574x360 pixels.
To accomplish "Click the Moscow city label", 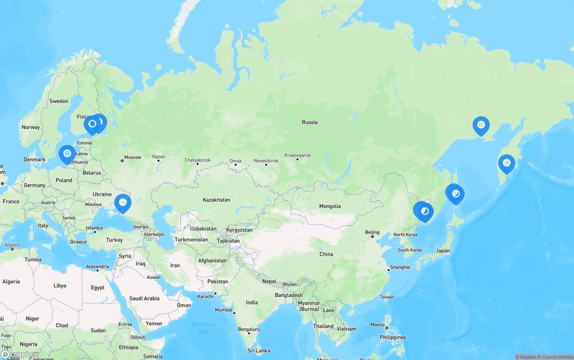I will pos(132,157).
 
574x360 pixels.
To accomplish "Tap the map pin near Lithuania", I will pos(67,154).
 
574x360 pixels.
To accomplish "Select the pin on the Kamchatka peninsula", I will pos(506,163).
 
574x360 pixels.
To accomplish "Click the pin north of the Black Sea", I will pos(122,203).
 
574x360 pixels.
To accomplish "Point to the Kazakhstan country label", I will pos(216,200).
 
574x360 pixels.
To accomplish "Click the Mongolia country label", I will pos(330,206).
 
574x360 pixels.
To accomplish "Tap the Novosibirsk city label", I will pos(266,160).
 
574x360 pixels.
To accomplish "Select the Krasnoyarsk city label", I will pos(297,155).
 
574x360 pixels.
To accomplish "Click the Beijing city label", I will pos(372,232).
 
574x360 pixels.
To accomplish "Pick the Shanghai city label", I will pos(400,267).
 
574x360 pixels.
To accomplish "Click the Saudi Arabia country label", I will pos(144,299).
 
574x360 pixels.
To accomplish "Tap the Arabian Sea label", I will pos(203,328).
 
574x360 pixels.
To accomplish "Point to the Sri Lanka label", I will pos(259,351).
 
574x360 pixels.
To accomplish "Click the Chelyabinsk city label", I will pos(198,160).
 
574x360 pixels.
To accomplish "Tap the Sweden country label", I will pos(59,101).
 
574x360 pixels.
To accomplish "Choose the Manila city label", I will pos(378,325).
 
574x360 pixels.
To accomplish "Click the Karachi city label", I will pos(206,296).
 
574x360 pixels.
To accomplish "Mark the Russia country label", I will pos(309,122).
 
